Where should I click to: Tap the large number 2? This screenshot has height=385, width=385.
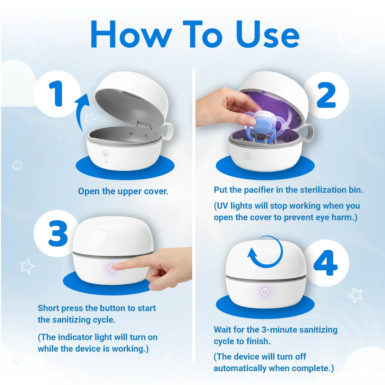[x=326, y=95]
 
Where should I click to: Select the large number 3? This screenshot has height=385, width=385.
[x=58, y=233]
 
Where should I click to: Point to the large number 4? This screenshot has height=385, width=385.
[x=326, y=263]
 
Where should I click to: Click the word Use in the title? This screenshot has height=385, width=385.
[x=268, y=34]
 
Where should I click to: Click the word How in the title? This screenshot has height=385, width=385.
[x=131, y=34]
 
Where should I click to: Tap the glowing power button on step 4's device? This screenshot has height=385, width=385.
[x=265, y=292]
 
